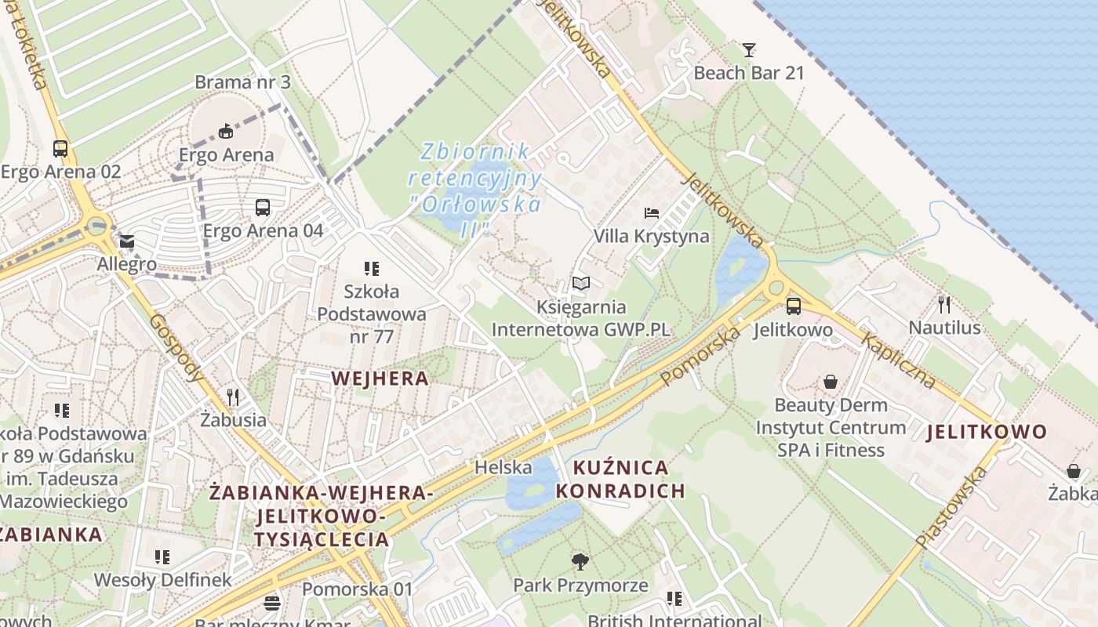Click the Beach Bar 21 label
(x=749, y=73)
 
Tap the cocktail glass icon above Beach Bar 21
(x=749, y=50)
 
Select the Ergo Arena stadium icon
(x=226, y=130)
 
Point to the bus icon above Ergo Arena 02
(x=60, y=148)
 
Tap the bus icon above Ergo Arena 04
(x=263, y=208)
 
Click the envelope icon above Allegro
(x=127, y=241)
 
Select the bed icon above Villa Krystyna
(x=651, y=212)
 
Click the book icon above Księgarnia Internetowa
(x=580, y=284)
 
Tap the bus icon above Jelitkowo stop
(x=793, y=306)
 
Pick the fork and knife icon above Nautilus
(x=944, y=304)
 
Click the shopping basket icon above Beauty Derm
(x=831, y=382)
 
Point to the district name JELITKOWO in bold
(x=987, y=432)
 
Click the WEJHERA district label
(x=380, y=379)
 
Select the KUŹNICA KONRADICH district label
(x=629, y=480)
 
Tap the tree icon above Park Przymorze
(x=580, y=561)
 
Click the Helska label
(x=504, y=468)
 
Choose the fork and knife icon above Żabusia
(x=232, y=397)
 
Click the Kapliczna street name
(x=899, y=361)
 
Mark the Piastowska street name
(x=951, y=506)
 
